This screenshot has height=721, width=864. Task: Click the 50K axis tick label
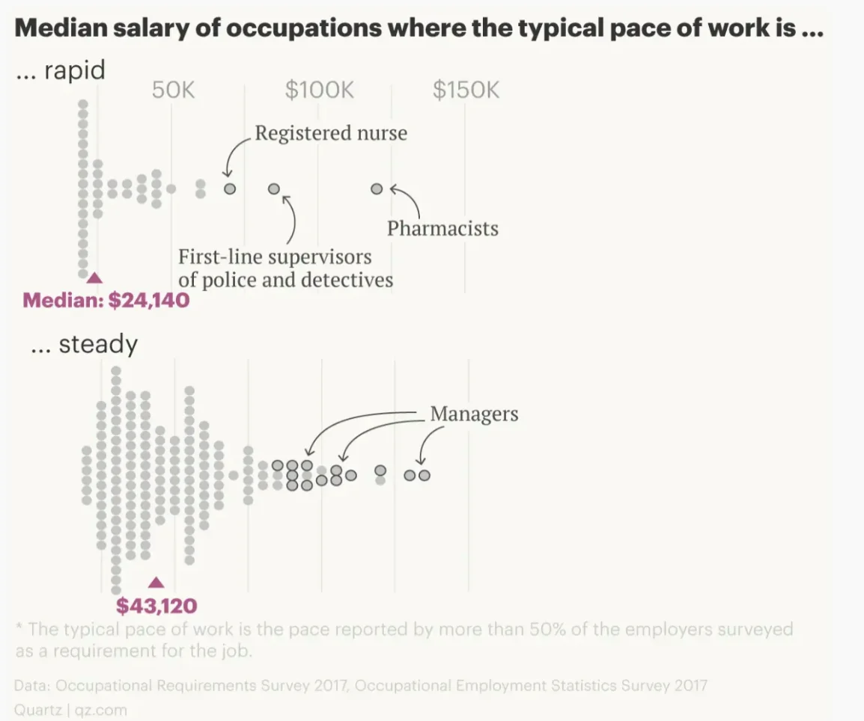pyautogui.click(x=173, y=90)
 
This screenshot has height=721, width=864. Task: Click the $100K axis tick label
pyautogui.click(x=319, y=90)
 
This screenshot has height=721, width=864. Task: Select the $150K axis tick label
pyautogui.click(x=466, y=90)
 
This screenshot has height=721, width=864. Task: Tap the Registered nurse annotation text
pyautogui.click(x=331, y=134)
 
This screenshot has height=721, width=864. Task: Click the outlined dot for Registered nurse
pyautogui.click(x=230, y=189)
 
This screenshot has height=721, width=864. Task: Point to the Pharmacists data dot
pyautogui.click(x=377, y=189)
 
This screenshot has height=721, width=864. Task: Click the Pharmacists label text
pyautogui.click(x=442, y=228)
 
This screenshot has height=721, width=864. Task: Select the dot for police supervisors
pyautogui.click(x=274, y=189)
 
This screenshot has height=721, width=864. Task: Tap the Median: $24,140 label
pyautogui.click(x=106, y=301)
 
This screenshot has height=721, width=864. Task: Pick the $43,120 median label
pyautogui.click(x=156, y=605)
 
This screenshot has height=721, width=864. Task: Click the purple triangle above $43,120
pyautogui.click(x=156, y=583)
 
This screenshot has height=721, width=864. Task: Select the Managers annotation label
pyautogui.click(x=474, y=414)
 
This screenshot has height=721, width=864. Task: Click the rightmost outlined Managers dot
pyautogui.click(x=425, y=475)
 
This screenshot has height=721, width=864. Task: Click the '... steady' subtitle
pyautogui.click(x=84, y=344)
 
